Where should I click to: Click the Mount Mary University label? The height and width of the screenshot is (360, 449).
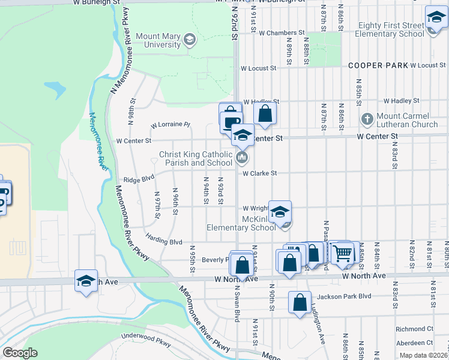(158, 40)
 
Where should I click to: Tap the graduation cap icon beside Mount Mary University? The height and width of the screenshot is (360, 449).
(190, 40)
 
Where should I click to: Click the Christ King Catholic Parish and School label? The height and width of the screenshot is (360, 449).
(196, 158)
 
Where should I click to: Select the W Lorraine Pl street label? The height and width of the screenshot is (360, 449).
(170, 125)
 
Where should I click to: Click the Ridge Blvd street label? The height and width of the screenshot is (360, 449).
(139, 178)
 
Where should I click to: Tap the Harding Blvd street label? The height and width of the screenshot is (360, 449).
(163, 241)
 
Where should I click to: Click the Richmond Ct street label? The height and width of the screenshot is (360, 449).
(415, 329)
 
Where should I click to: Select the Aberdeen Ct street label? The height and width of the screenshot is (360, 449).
(415, 342)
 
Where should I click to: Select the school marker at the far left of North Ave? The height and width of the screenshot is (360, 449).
(86, 281)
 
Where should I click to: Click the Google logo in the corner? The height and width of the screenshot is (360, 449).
(19, 353)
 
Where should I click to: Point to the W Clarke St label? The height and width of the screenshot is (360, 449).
(259, 173)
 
